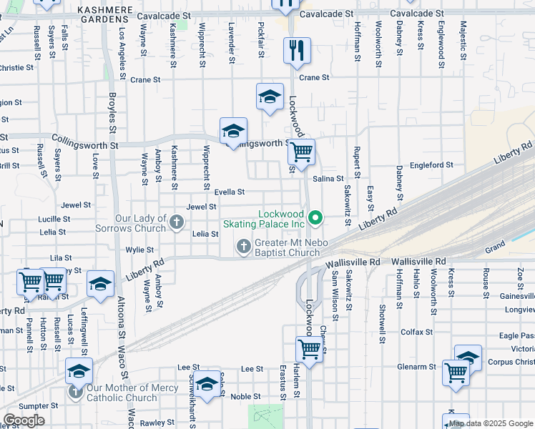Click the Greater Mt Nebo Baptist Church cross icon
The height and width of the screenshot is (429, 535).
pyautogui.click(x=244, y=247)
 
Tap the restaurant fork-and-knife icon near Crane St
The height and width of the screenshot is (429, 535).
pyautogui.click(x=297, y=50)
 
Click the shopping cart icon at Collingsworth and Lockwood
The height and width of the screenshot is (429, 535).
pyautogui.click(x=302, y=151)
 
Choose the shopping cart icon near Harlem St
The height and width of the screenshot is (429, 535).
pyautogui.click(x=309, y=350)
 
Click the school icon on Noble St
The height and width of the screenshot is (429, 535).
pyautogui.click(x=207, y=385)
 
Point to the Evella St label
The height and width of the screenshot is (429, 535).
pyautogui.click(x=230, y=192)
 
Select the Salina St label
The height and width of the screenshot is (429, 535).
pyautogui.click(x=329, y=178)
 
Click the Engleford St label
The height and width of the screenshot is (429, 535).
pyautogui.click(x=431, y=165)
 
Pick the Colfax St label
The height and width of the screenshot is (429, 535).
pyautogui.click(x=417, y=332)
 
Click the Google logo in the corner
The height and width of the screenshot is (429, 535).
pyautogui.click(x=24, y=420)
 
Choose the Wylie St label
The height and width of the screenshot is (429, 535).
pyautogui.click(x=139, y=250)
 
